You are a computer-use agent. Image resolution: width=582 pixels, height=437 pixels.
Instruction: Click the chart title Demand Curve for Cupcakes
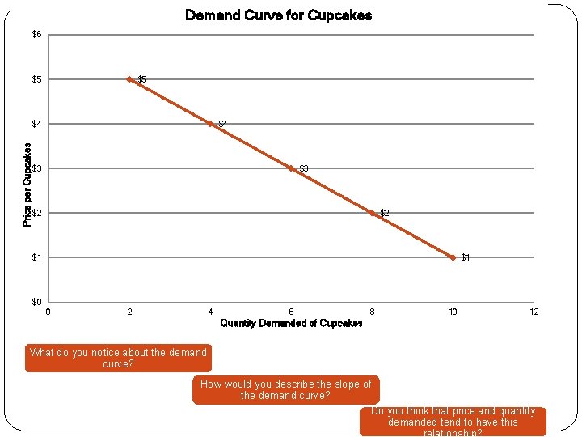(278, 15)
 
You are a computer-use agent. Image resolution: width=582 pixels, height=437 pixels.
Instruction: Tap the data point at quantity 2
(129, 79)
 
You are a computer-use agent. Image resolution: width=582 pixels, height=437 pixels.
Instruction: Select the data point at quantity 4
(210, 124)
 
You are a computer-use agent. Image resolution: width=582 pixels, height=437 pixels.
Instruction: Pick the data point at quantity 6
(291, 168)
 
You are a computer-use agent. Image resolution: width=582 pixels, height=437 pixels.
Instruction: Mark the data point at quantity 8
(372, 213)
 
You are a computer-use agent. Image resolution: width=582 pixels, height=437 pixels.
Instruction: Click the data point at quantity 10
(453, 257)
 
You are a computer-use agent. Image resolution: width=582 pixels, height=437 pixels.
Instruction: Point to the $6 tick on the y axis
(36, 34)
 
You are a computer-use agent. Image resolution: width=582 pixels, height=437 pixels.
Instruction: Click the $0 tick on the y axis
(36, 302)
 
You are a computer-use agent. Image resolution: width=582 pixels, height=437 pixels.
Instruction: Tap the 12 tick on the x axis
(533, 312)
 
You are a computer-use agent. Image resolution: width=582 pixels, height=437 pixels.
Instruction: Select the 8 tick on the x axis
(372, 312)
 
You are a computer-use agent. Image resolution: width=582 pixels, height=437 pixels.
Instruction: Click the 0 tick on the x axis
(48, 312)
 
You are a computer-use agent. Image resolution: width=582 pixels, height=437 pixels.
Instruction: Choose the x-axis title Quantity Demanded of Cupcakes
(291, 323)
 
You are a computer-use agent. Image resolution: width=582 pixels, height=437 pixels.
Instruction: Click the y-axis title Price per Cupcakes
(27, 185)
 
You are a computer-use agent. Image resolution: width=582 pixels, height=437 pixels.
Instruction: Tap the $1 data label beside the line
(466, 257)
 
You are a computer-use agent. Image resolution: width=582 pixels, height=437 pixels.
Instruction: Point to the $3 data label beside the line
(304, 168)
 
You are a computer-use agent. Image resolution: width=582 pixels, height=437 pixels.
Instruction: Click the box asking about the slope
(286, 389)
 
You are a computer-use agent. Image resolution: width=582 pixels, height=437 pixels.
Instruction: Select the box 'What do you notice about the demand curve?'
(118, 358)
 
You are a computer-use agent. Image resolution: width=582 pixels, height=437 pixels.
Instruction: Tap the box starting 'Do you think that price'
(452, 421)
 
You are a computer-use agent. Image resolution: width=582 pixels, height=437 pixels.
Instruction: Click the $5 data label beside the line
(142, 79)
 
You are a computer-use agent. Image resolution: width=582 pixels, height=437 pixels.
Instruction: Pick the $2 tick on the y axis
(36, 213)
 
